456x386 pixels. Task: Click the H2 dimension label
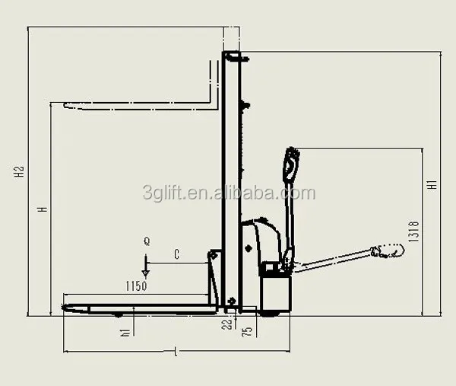pos(20,172)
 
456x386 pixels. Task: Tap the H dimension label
pos(43,209)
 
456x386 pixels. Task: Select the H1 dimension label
pos(432,185)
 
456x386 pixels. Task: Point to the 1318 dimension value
pos(414,231)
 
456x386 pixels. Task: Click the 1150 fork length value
pos(136,286)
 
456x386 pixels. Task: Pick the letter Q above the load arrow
pos(147,241)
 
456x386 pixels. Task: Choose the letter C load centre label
pos(176,254)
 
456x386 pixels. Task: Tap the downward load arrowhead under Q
pos(145,273)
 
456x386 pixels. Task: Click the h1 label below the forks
pos(125,333)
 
